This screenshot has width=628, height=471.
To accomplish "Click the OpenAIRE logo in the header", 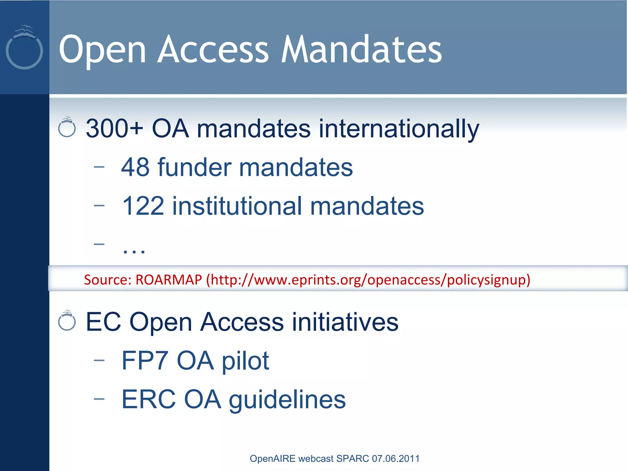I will [x=24, y=48].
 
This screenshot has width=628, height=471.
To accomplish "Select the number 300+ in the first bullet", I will [x=114, y=128].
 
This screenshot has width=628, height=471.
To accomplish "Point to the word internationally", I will [x=399, y=129].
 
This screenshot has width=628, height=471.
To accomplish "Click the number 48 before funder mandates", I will [x=135, y=167].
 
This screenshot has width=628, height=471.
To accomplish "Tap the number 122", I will [x=143, y=206].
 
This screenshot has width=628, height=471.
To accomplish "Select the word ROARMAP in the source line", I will [x=169, y=280].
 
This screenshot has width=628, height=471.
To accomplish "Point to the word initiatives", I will [x=345, y=322].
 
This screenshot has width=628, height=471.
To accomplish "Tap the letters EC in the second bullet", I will [x=103, y=322].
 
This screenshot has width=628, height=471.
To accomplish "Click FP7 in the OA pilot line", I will [x=145, y=361].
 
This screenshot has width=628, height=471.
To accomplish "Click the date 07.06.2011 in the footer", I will [x=396, y=458].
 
